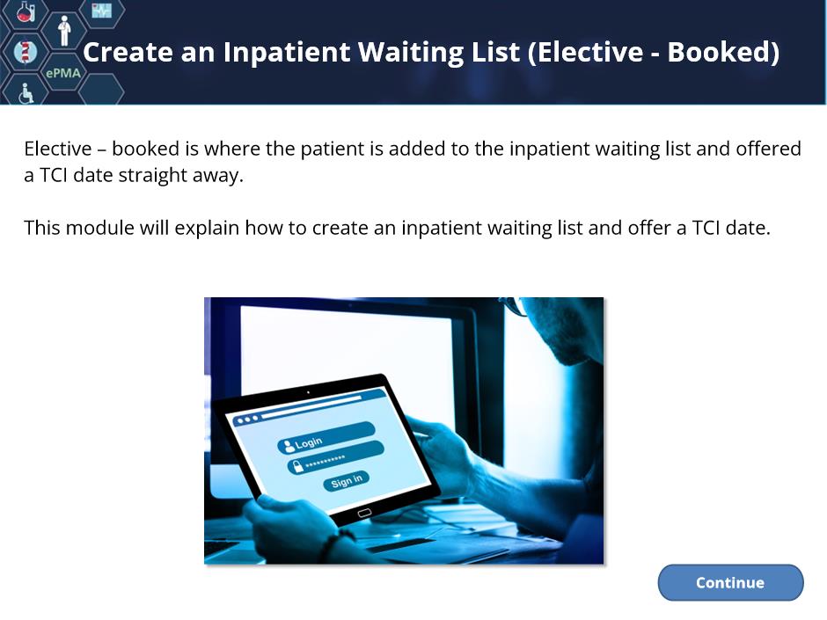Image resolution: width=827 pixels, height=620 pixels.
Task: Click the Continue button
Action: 730,582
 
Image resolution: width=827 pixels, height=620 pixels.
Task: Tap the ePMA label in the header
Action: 63,73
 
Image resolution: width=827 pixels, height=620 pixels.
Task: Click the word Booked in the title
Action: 723,52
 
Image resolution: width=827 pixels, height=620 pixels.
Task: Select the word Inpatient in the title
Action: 287,52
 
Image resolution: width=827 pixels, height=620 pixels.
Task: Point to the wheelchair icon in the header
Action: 26,94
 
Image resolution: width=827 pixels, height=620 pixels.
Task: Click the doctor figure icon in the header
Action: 64,31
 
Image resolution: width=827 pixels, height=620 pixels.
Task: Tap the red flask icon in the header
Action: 26,11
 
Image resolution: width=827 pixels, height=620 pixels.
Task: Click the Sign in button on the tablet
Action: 346,481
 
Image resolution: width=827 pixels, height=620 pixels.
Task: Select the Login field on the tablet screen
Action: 326,438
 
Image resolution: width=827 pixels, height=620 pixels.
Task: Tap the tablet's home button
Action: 364,513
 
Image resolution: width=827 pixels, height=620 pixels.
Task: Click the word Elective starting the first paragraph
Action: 58,149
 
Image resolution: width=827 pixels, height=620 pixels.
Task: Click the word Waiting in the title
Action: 411,52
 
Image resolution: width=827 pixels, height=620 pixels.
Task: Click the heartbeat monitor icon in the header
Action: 101,10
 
